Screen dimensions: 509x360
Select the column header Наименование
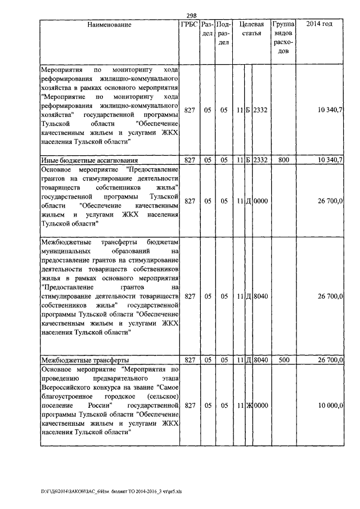point(109,25)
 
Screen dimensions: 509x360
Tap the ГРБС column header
point(189,25)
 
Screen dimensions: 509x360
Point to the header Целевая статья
point(251,29)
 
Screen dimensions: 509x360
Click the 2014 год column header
point(319,25)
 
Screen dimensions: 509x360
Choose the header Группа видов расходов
point(283,38)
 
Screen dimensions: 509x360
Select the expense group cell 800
point(283,160)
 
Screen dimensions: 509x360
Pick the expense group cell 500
point(283,359)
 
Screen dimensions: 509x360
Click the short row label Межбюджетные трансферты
point(85,359)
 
